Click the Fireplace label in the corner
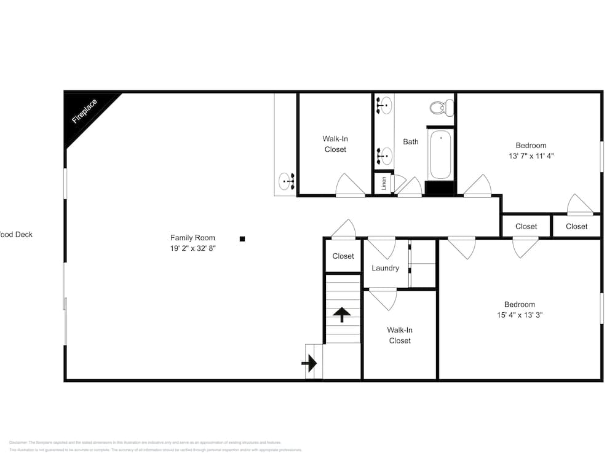coord(85,111)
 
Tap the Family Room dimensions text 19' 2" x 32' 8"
coord(193,248)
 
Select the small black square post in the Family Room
coord(242,238)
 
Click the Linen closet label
coord(384,183)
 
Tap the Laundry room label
coord(386,268)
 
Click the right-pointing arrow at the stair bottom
coord(309,363)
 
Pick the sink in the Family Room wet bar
coord(287,181)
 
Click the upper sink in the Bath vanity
coord(384,105)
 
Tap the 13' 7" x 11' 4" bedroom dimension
coord(528,156)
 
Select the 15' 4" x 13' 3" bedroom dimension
coord(520,315)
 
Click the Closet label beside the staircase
coord(343,256)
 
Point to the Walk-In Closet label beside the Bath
coord(335,144)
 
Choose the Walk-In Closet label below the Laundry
coord(400,336)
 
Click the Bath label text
coord(411,142)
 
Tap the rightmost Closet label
coord(577,226)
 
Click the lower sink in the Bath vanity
coord(384,156)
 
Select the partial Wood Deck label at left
coord(17,234)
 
